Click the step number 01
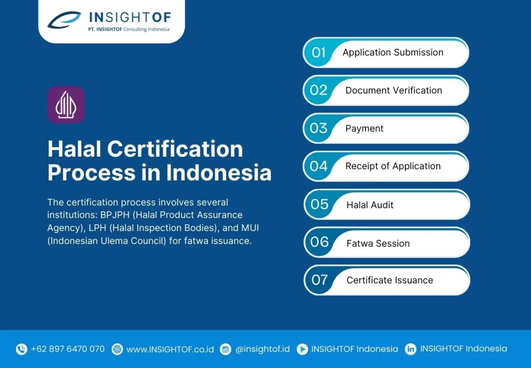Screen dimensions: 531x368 click(319, 52)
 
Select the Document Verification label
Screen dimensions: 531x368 click(394, 90)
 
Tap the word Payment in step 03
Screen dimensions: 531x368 click(365, 128)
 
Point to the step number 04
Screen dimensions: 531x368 click(319, 166)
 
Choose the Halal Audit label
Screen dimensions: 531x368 click(370, 205)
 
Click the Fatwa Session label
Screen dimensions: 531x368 click(378, 243)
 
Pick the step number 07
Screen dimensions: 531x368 click(319, 280)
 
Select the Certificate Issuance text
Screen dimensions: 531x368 click(390, 280)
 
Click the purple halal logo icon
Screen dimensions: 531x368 click(66, 105)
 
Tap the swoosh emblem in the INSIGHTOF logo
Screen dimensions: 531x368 click(64, 20)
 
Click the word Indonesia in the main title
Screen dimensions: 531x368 click(219, 172)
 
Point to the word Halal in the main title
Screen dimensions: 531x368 click(75, 149)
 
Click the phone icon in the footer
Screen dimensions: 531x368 click(21, 349)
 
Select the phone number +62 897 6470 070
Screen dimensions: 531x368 click(68, 349)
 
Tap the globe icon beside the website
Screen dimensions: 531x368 click(117, 349)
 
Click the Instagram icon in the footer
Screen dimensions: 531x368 click(226, 349)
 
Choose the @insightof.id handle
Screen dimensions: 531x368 click(262, 349)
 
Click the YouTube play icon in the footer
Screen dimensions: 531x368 click(302, 349)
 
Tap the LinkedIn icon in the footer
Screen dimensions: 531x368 click(411, 349)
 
